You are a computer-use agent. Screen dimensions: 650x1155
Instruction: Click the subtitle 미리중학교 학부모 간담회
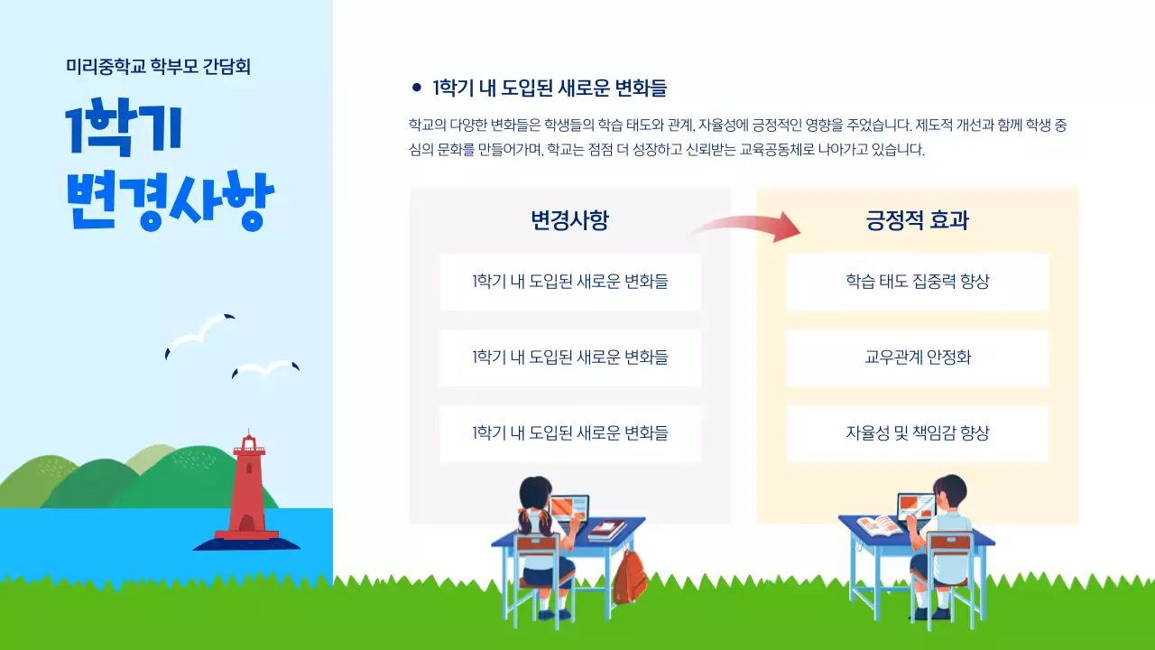[158, 66]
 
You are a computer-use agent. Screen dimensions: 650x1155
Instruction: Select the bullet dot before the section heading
[416, 88]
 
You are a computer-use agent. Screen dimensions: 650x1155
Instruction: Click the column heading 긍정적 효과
[917, 220]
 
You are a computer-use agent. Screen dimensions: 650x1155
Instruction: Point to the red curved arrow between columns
[747, 227]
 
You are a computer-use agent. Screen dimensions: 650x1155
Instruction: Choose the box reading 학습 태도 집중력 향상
[917, 282]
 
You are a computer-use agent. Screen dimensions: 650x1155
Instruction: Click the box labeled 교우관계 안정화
[917, 357]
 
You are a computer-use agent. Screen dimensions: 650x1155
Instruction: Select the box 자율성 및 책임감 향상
[917, 433]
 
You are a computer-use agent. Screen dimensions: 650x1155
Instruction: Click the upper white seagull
[200, 334]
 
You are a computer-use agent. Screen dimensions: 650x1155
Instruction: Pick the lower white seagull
[265, 368]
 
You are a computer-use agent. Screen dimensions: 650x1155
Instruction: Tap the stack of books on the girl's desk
[606, 530]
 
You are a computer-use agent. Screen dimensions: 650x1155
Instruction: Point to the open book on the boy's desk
[878, 525]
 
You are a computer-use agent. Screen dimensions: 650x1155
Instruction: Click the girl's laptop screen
[569, 509]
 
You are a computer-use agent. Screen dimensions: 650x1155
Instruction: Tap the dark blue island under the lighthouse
[247, 543]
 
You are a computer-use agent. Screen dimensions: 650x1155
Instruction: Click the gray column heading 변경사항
[569, 220]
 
